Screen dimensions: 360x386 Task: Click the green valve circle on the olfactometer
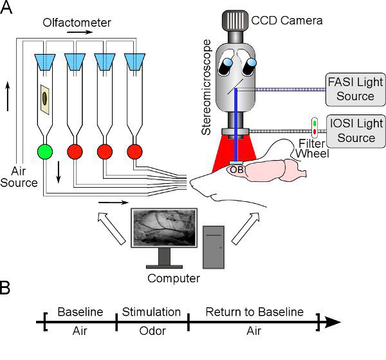pyautogui.click(x=44, y=152)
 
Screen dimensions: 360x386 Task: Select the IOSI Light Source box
pyautogui.click(x=356, y=130)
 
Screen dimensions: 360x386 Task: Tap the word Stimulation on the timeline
pyautogui.click(x=152, y=312)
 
